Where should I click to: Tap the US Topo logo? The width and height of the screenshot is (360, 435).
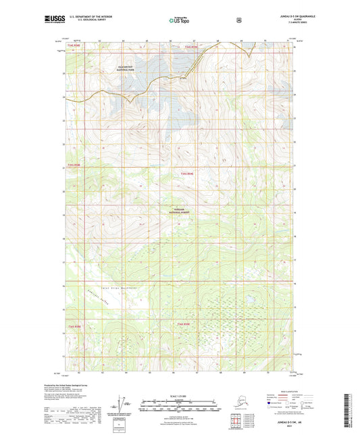pos(179,20)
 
